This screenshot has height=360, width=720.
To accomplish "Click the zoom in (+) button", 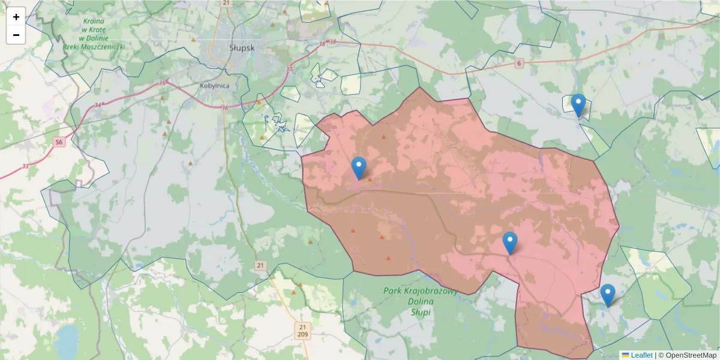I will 16,17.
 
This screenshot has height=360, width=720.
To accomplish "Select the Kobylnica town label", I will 215,85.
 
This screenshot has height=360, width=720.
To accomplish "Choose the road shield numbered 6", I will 518,63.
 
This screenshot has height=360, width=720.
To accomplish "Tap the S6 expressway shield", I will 58,142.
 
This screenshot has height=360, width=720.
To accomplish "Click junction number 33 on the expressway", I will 25,166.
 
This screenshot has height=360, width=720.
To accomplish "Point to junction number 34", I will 97,106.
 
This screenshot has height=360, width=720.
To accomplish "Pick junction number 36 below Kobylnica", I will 224,108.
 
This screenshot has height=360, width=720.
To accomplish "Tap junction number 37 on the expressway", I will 290,69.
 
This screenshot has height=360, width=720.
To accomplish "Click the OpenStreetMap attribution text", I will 691,355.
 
